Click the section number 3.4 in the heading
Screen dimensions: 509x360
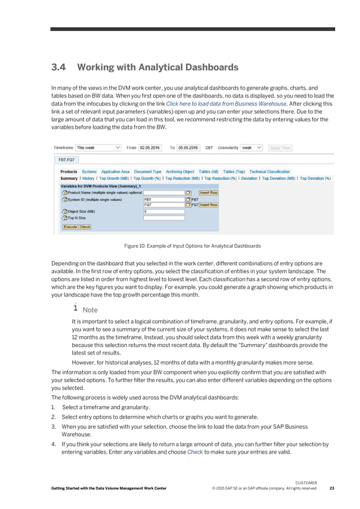click(59, 68)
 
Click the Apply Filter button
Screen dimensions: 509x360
click(280, 148)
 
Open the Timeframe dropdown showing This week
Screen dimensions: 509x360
click(98, 148)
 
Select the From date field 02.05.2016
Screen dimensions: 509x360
click(150, 148)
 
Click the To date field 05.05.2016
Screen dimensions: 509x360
click(188, 148)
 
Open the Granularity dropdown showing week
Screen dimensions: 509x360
click(252, 148)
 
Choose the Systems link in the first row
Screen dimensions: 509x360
click(89, 172)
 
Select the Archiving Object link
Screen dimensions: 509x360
click(180, 172)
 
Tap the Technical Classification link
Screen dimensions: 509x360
click(270, 172)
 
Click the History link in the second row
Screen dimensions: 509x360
click(89, 178)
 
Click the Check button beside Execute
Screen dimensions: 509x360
click(85, 227)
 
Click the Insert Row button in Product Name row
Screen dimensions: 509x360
click(208, 192)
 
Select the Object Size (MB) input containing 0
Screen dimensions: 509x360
click(164, 212)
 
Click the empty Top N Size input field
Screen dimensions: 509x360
click(164, 218)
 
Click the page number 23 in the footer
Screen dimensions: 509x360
click(331, 489)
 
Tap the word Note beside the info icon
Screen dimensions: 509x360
click(90, 310)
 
